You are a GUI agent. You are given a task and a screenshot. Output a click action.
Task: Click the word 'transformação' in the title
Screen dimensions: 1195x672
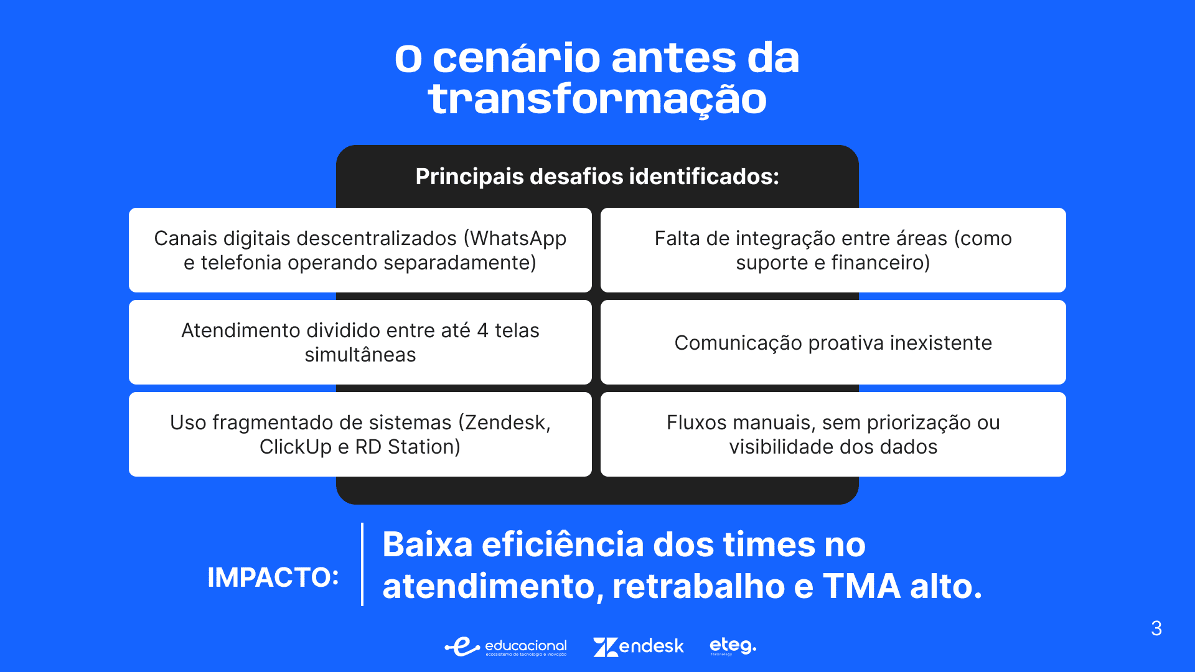[x=597, y=100]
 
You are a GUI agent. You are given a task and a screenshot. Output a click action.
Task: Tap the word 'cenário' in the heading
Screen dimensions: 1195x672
[x=516, y=58]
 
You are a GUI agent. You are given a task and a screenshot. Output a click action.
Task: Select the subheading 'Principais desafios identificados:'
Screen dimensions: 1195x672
[x=597, y=177]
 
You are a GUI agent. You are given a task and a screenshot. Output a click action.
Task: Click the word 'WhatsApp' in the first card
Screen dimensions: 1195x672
[x=518, y=239]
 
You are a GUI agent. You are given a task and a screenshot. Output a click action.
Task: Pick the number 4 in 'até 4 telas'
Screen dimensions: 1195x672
[x=482, y=330]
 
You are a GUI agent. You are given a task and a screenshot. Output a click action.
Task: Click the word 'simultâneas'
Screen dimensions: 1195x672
[x=360, y=355]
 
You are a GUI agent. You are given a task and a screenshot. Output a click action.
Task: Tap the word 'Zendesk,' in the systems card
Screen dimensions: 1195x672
[x=505, y=422]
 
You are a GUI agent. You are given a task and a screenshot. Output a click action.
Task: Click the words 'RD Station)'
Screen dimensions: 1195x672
[x=408, y=447]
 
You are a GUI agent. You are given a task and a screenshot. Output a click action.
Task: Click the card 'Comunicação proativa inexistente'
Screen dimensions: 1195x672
[x=833, y=342]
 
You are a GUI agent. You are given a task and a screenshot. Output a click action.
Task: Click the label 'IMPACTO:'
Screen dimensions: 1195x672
[x=273, y=577]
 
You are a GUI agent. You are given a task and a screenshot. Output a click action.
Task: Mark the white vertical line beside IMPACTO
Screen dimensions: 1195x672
[x=362, y=564]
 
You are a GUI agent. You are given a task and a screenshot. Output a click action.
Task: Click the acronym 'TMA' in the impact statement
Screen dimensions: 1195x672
[x=862, y=586]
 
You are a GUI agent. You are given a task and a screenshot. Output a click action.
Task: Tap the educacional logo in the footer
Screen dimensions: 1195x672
[x=505, y=646]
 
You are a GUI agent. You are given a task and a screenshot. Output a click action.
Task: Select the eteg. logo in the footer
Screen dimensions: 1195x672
[x=733, y=646]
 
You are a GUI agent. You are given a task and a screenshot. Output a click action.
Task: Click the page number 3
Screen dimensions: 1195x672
[x=1156, y=628]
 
